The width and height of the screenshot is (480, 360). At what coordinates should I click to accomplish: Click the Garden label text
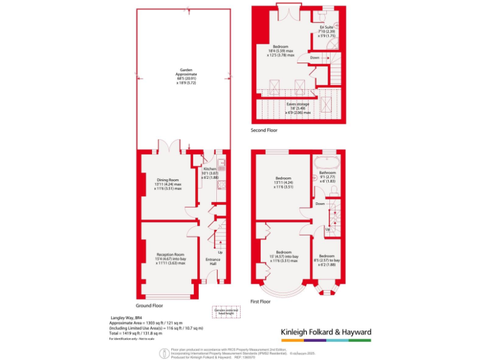click(186, 71)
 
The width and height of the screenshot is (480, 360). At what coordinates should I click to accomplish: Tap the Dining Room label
click(168, 180)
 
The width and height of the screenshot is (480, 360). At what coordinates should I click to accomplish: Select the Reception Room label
click(170, 254)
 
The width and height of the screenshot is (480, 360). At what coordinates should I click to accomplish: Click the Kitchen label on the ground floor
click(209, 169)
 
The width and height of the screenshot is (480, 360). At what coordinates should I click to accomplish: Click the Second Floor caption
click(264, 131)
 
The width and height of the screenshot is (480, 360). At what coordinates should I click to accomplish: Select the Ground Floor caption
click(150, 306)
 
